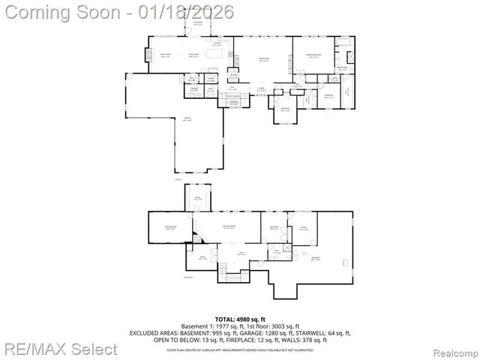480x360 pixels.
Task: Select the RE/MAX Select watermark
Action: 59,349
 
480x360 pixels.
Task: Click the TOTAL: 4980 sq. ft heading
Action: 239,319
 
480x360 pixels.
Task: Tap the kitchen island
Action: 217,54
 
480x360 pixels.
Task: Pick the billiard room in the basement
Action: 229,227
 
